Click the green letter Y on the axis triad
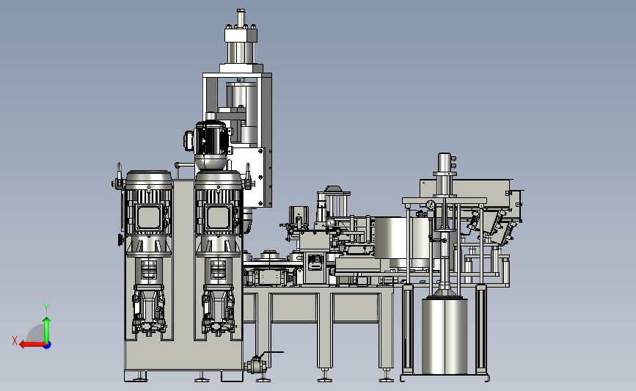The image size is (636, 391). click(x=46, y=309)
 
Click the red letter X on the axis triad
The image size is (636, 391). click(x=15, y=340)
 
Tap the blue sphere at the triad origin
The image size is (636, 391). click(x=48, y=346)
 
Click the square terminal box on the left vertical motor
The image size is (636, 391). click(x=148, y=217)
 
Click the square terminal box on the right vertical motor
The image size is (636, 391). click(x=219, y=217)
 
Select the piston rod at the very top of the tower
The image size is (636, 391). click(x=241, y=18)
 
